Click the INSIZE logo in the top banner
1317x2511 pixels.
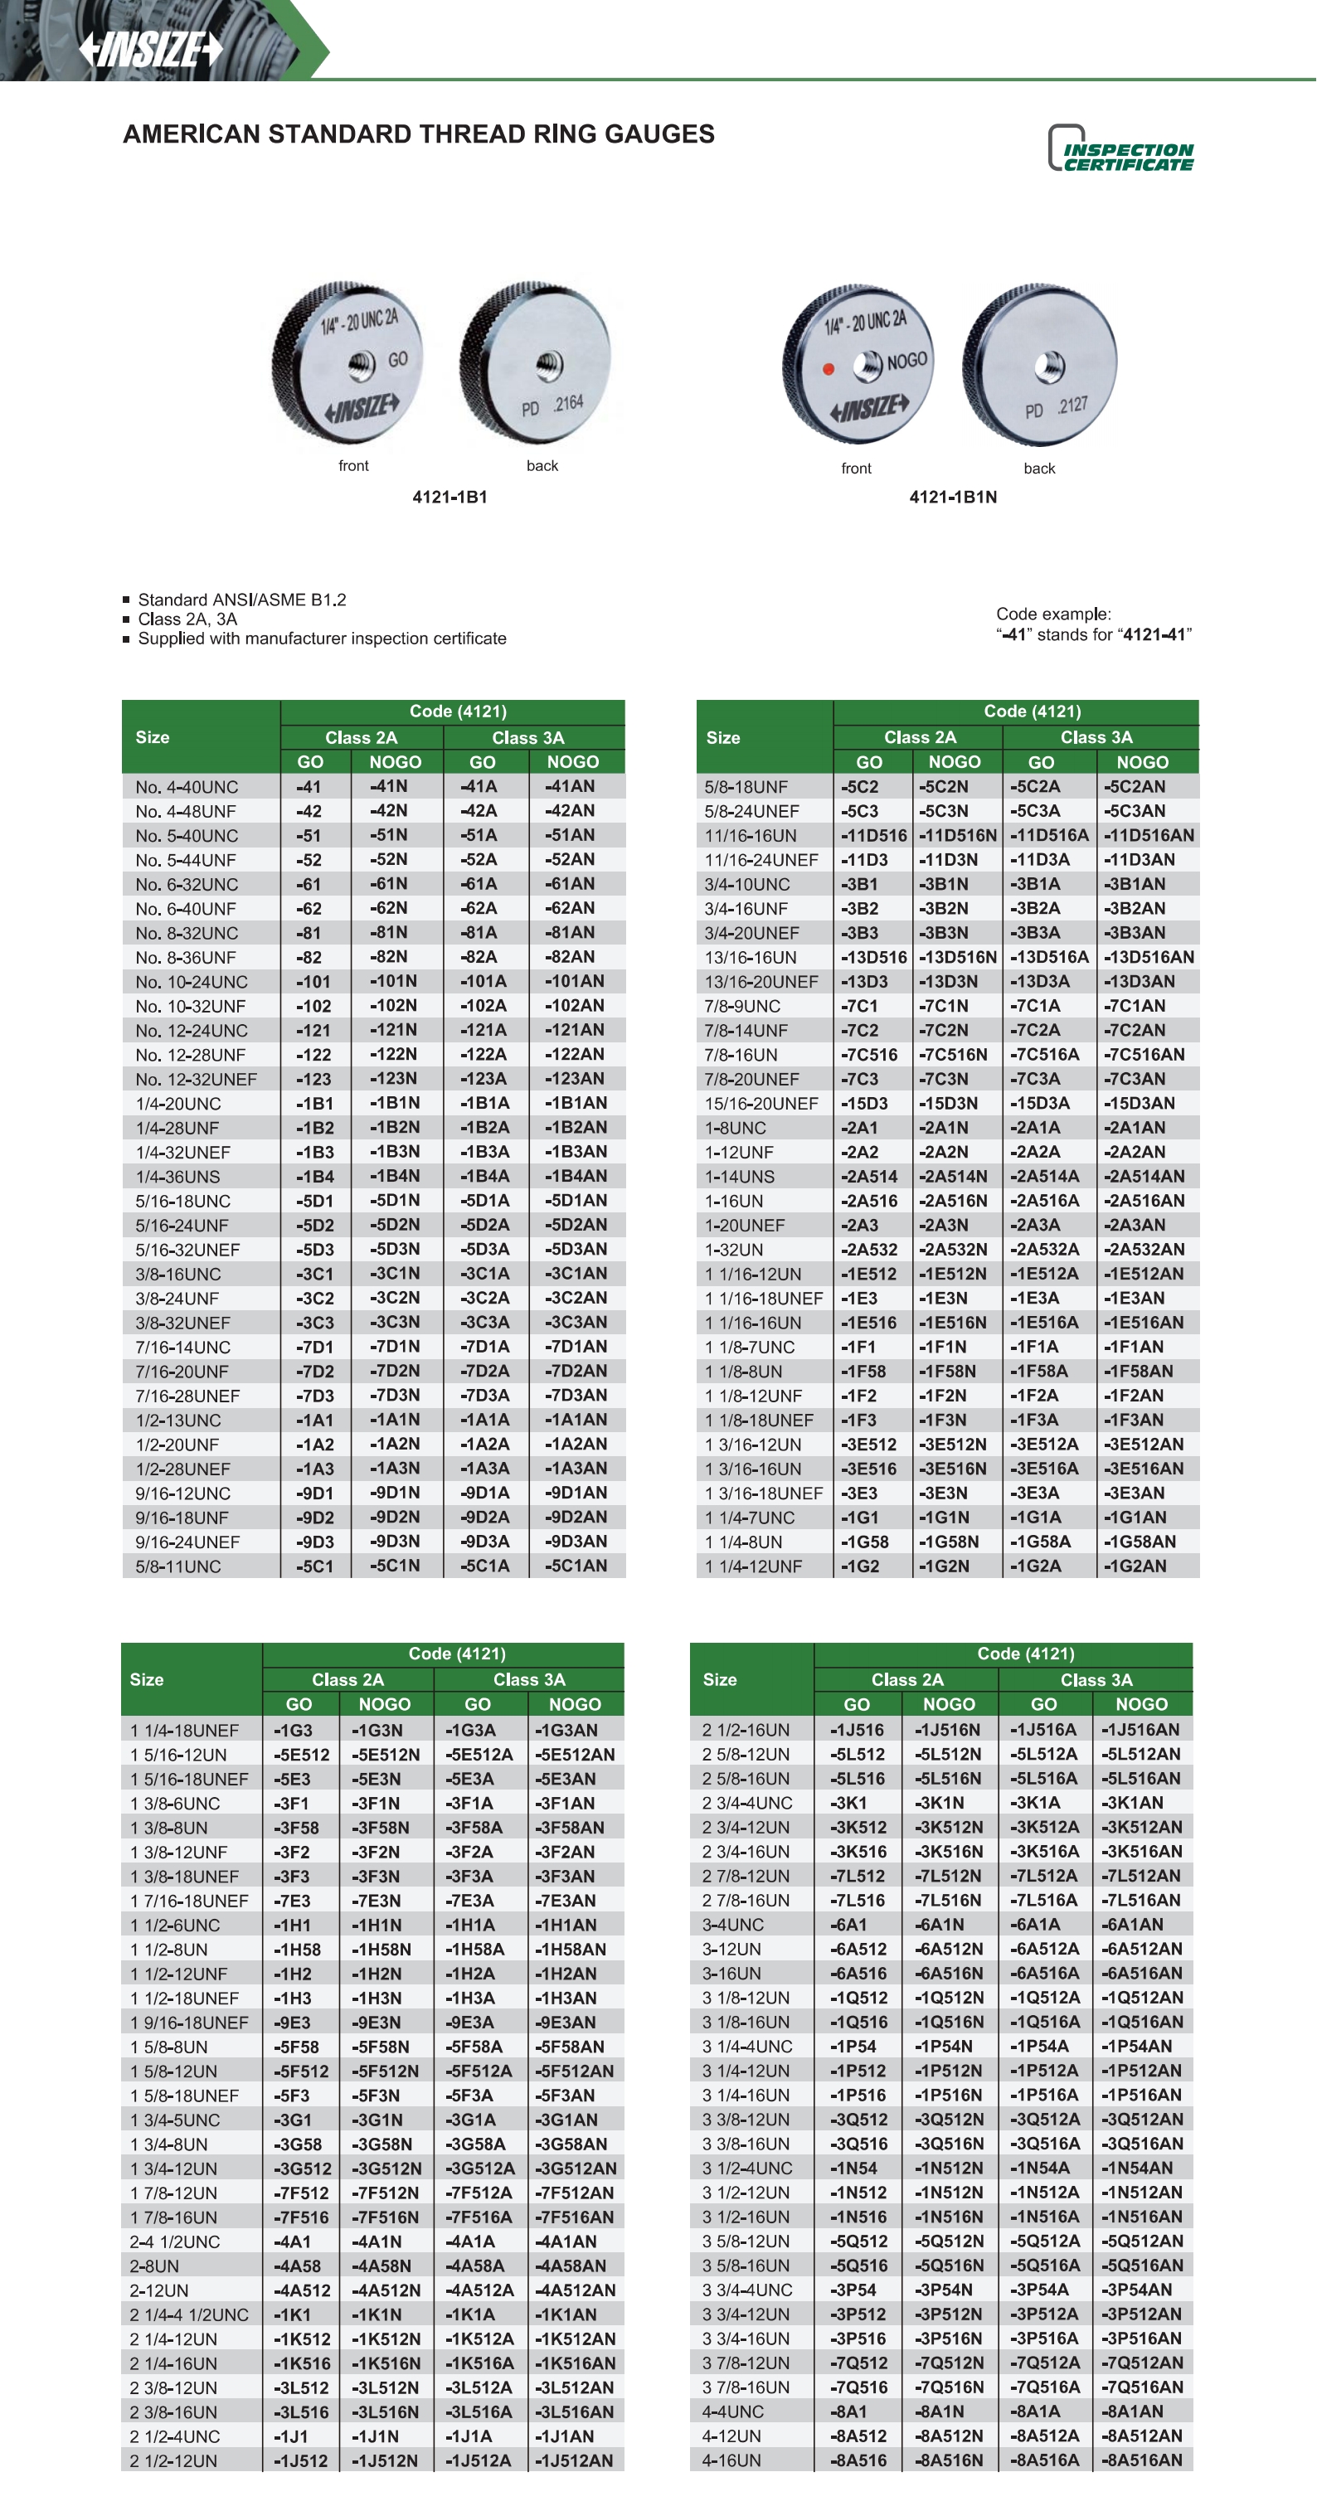(150, 49)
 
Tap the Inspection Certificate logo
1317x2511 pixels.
(1121, 149)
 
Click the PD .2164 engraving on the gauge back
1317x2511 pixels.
(552, 406)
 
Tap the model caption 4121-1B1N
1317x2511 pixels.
(952, 497)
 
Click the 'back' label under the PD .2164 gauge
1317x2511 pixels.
(542, 466)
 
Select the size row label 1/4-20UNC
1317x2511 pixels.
(178, 1104)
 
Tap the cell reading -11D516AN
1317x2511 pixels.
(1149, 835)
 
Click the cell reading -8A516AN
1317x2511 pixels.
(1140, 2460)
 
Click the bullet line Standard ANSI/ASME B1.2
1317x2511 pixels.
(242, 600)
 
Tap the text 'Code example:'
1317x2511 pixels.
(1052, 614)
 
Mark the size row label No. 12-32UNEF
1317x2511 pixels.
(196, 1079)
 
